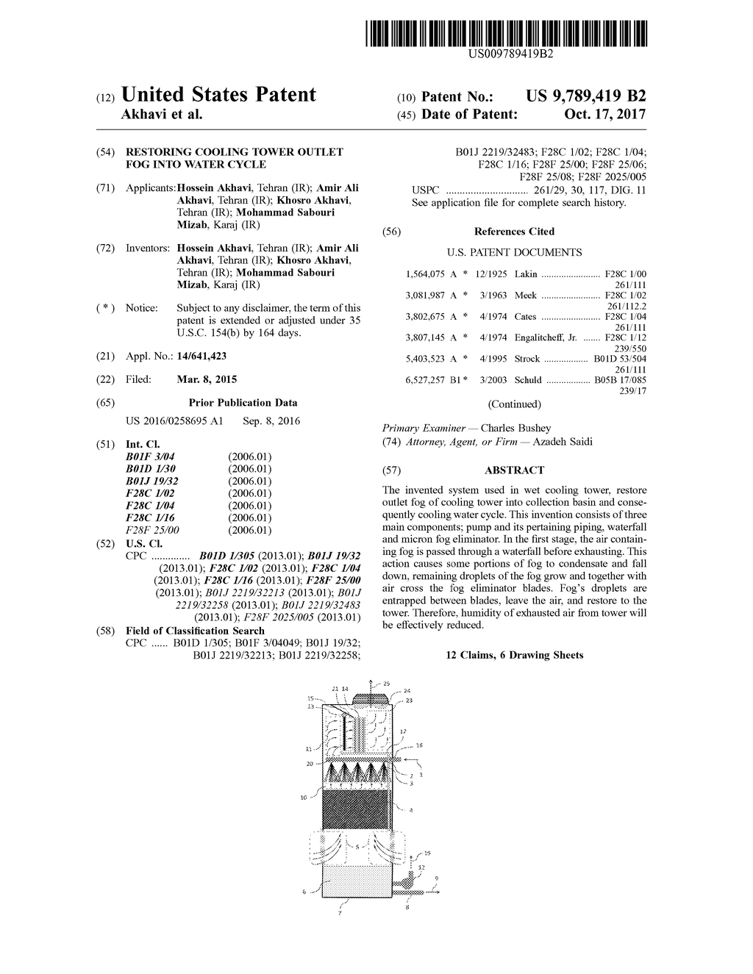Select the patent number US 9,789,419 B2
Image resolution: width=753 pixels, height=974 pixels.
point(586,96)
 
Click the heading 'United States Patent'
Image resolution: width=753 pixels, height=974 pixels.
point(218,95)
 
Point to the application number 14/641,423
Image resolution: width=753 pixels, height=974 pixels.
point(201,357)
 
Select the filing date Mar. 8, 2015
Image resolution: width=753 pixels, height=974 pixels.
point(207,380)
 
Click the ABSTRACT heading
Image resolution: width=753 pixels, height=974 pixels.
point(514,470)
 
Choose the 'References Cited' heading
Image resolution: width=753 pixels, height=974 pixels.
point(514,232)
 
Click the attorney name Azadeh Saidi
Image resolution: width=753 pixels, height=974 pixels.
point(563,442)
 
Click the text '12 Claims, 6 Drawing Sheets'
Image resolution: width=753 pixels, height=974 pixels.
point(514,655)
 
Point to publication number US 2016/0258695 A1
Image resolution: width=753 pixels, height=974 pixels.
point(175,422)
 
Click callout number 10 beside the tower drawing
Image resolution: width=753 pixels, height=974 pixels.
point(303,797)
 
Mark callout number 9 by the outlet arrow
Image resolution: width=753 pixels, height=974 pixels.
point(436,878)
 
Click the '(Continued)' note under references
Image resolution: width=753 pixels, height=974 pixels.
point(514,404)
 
